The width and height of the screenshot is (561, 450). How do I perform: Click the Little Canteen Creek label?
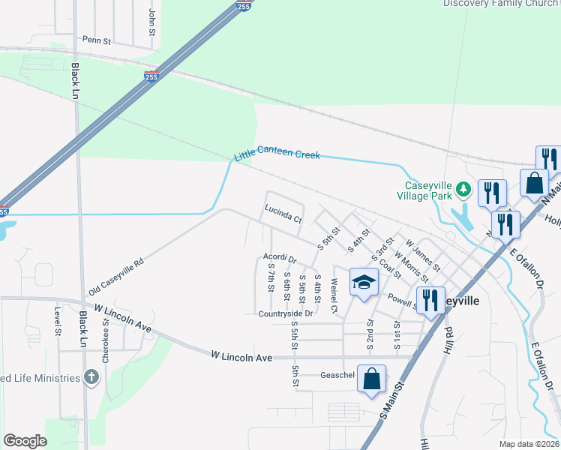point(277,154)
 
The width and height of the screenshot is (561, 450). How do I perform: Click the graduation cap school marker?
point(364,282)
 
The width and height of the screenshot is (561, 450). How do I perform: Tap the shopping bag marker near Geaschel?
point(372,378)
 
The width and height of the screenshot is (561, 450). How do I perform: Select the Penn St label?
point(97,40)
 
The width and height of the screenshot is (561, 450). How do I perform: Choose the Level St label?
point(57,320)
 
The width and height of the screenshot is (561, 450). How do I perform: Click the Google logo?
point(25,441)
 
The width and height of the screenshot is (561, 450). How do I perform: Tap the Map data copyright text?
point(529,444)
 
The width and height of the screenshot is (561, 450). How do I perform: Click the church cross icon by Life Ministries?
point(91,377)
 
